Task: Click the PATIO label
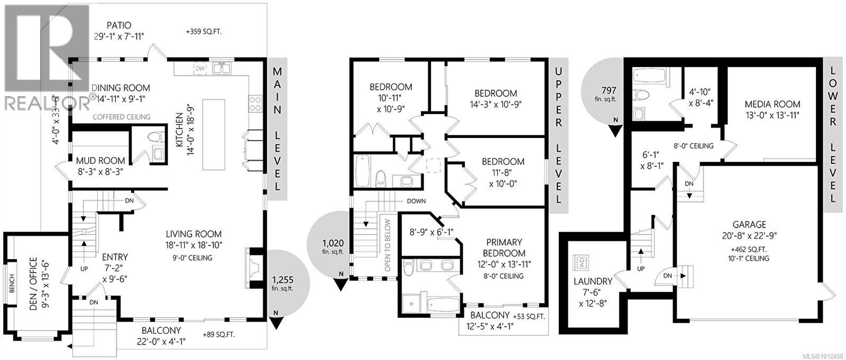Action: pos(118,25)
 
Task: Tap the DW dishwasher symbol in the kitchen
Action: pos(200,68)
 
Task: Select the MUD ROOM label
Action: pos(100,160)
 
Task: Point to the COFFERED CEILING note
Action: pos(121,117)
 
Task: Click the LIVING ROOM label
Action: pos(194,234)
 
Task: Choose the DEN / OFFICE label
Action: pos(33,284)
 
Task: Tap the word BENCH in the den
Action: pos(12,283)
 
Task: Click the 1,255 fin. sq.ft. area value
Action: pos(282,281)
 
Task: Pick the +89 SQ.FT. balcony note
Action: pos(218,334)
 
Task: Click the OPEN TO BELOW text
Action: pos(388,245)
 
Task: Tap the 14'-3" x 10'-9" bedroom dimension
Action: pos(495,104)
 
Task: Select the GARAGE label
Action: pos(749,225)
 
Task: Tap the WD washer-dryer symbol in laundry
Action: pos(582,261)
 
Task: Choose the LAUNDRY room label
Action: pos(593,281)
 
